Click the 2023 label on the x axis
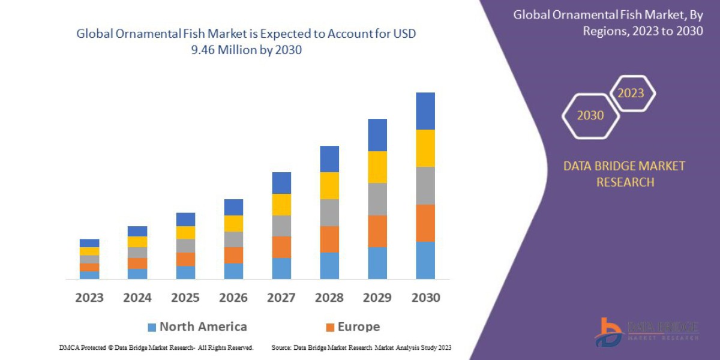[x=89, y=298]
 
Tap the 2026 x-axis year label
[x=233, y=298]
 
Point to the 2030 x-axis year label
[x=425, y=298]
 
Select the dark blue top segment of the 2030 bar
[x=425, y=111]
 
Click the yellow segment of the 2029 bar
[x=377, y=167]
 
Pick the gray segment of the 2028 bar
[x=329, y=212]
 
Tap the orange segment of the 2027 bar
[x=281, y=247]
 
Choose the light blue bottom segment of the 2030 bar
[x=425, y=260]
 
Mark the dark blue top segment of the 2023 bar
[x=89, y=243]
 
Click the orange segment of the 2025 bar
[x=185, y=259]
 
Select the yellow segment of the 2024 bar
[x=137, y=242]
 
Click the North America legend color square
[x=152, y=327]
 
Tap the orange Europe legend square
[x=330, y=327]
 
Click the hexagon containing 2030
[x=590, y=116]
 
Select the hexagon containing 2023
[x=631, y=94]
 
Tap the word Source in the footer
[x=282, y=347]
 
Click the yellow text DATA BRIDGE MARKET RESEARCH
[x=624, y=174]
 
